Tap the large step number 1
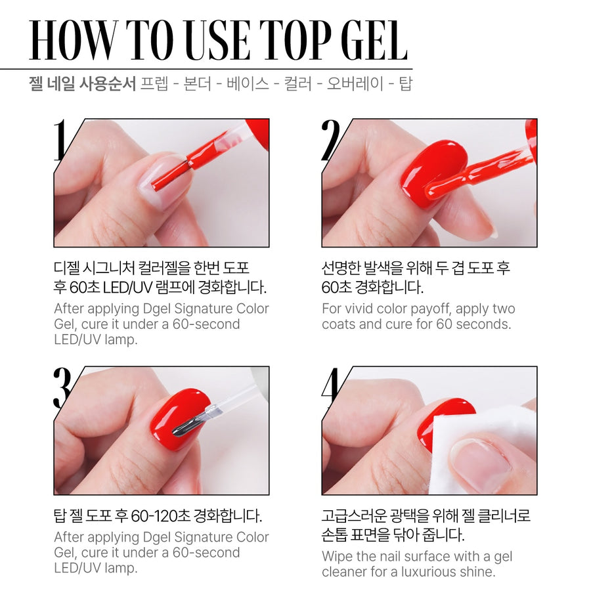coord(61,140)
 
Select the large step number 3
coord(62,387)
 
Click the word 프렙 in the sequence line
coord(154,84)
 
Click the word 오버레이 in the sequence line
coord(355,84)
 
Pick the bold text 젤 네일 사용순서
coord(82,84)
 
